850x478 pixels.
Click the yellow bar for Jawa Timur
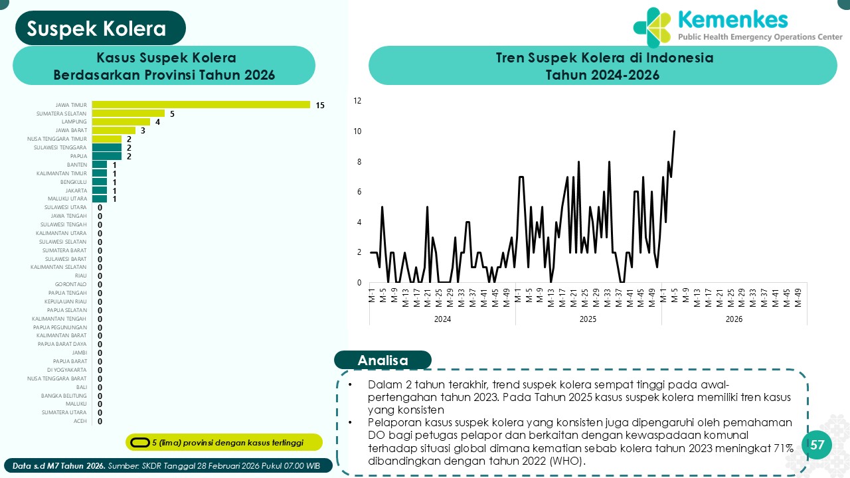coord(201,104)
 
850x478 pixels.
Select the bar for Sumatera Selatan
coord(128,113)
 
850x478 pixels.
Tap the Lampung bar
coord(121,121)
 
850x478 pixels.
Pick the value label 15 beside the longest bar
coord(320,105)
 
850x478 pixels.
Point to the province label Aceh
coord(80,421)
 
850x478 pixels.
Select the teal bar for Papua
coord(106,156)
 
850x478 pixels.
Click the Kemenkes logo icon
coord(652,28)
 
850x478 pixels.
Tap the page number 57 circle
coord(817,445)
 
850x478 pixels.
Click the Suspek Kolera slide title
coord(97,29)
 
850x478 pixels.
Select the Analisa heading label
coord(382,360)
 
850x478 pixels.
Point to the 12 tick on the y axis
coord(357,101)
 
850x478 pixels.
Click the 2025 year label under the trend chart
coord(588,319)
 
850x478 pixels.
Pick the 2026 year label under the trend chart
coord(734,319)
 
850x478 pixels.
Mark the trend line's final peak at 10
coord(674,131)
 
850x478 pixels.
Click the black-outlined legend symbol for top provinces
coord(139,442)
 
